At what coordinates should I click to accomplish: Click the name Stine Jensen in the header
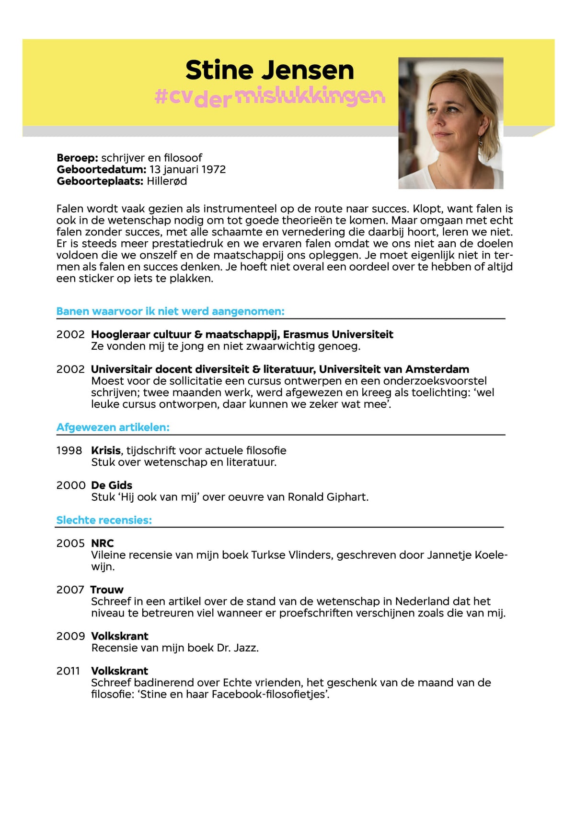[269, 70]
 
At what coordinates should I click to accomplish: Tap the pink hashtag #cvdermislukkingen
[270, 96]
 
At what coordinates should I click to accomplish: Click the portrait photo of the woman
[450, 123]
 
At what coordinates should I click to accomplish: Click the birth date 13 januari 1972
[187, 169]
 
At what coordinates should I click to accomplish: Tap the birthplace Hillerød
[167, 181]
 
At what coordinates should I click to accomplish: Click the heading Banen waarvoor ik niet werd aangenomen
[170, 311]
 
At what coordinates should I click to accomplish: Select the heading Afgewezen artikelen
[113, 427]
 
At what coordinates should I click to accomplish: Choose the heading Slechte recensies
[104, 520]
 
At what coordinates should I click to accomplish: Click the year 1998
[69, 450]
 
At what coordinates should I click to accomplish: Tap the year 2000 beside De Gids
[70, 485]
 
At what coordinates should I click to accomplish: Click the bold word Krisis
[106, 450]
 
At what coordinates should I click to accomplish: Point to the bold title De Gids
[112, 485]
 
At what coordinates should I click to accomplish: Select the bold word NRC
[103, 543]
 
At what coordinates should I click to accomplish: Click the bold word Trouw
[107, 590]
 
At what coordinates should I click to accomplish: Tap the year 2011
[68, 671]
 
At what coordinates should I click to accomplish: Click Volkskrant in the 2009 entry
[120, 636]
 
